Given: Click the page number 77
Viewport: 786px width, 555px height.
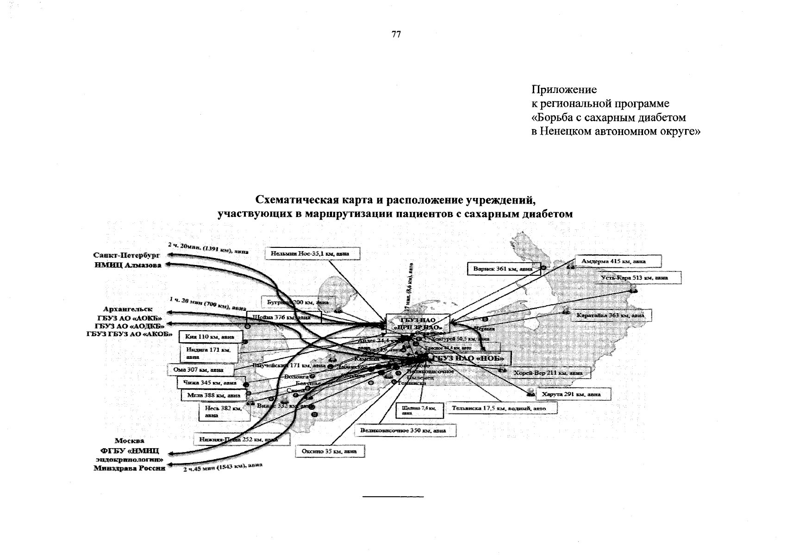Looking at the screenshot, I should [396, 35].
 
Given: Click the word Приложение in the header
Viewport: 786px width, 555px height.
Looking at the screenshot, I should [564, 90].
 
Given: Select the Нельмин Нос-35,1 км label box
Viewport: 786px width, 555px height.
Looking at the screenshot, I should [313, 253].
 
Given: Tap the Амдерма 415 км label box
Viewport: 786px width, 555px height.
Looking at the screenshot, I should [618, 261].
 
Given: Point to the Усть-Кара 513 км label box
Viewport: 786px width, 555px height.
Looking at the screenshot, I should [640, 277].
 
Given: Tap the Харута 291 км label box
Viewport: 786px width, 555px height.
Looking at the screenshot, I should [573, 395].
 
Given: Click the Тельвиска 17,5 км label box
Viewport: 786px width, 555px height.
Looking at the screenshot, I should [501, 408].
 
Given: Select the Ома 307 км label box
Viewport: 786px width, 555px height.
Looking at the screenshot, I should [200, 370].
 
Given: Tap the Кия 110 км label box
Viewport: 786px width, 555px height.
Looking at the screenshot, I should [210, 337].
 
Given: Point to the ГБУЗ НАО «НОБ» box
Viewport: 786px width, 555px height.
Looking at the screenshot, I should [470, 358].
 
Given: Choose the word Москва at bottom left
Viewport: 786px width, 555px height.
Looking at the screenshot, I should [130, 441].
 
